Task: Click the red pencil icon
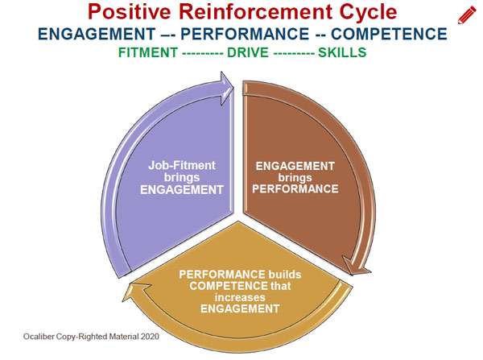(467, 14)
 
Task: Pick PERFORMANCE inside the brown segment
(295, 190)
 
